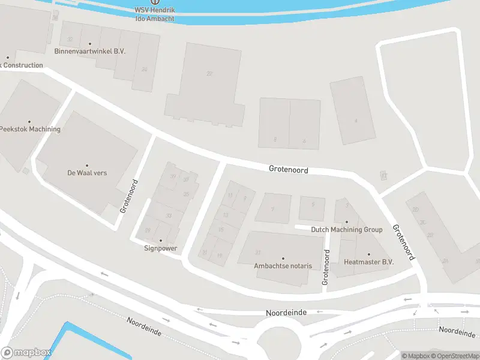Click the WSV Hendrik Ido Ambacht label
155,14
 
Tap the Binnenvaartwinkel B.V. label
90,52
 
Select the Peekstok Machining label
30,129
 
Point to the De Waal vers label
87,173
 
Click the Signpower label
160,248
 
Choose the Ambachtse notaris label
283,266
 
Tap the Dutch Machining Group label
346,230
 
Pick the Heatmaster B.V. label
368,262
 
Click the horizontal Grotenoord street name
289,170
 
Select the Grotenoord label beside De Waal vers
130,196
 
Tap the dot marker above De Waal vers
87,165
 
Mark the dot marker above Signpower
160,240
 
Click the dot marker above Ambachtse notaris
283,258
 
